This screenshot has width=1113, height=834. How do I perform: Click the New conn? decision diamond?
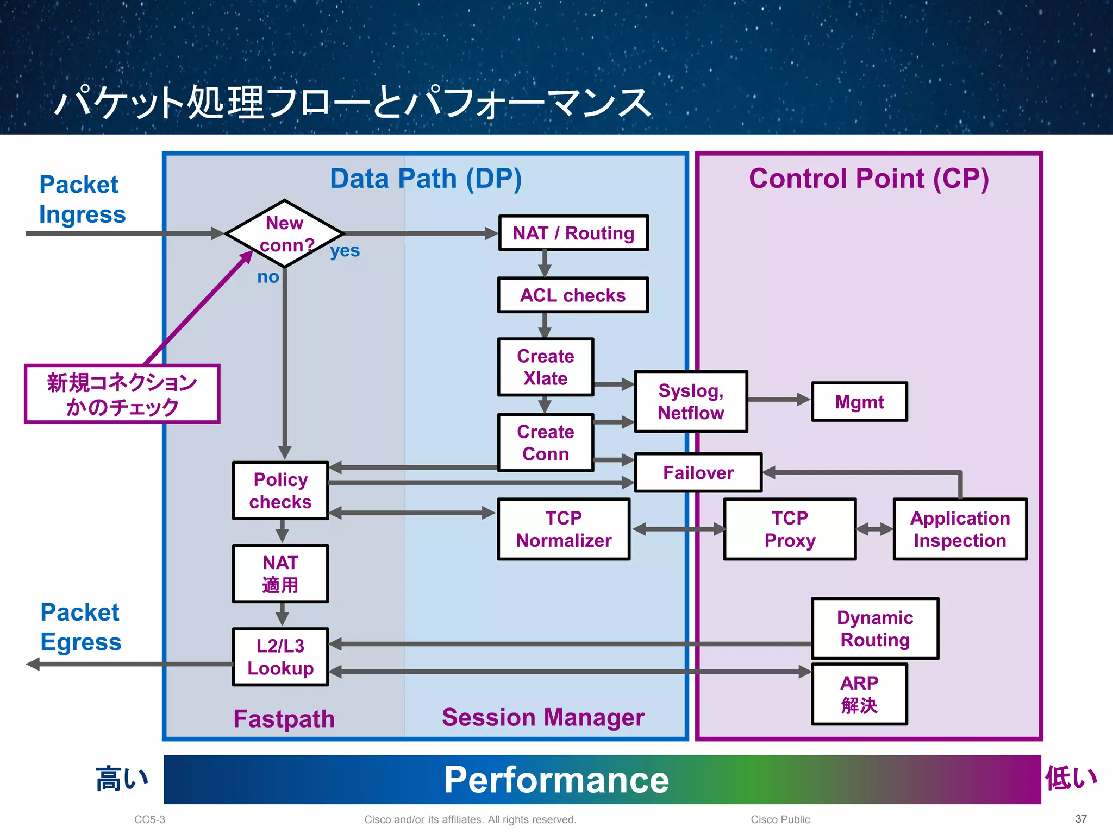coord(284,234)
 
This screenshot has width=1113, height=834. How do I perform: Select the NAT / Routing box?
coord(573,233)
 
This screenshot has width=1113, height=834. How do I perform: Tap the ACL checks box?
coord(573,295)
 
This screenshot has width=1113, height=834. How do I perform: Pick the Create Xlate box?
coord(545,367)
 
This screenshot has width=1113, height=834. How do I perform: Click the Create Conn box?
coord(545,443)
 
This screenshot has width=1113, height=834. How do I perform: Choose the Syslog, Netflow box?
coord(691,402)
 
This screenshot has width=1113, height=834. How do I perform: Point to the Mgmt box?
coord(859,402)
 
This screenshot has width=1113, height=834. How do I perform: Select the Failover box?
coord(698,472)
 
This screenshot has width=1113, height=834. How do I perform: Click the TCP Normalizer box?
coord(564,529)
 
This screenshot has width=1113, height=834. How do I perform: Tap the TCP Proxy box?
coord(790,529)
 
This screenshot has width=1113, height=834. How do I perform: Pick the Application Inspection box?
coord(960,529)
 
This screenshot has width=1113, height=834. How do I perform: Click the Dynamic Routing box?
coord(875,628)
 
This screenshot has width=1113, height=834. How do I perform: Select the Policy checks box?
coord(280,490)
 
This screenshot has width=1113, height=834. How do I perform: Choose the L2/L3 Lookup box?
coord(280,657)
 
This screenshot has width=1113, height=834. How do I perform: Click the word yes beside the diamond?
coord(345,251)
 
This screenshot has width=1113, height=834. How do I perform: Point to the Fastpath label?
coord(284,719)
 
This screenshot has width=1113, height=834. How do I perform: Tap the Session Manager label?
coord(543,717)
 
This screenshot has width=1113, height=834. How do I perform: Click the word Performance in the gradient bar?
coord(556,780)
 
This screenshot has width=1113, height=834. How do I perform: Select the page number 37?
coord(1081,819)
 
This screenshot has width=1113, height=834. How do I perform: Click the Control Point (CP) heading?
coord(868,179)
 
